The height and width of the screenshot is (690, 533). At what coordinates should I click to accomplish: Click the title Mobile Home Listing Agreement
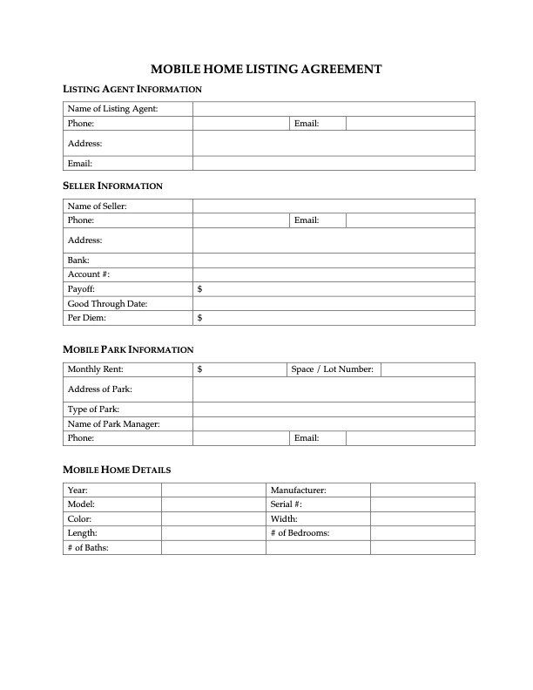266,69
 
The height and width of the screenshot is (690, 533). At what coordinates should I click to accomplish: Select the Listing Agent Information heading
132,89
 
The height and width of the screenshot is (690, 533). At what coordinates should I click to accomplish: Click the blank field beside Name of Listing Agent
334,109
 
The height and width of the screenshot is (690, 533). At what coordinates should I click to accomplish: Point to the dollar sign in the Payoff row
200,288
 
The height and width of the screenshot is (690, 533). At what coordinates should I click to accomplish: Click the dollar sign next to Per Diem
200,318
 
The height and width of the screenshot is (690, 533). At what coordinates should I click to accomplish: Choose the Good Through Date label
107,303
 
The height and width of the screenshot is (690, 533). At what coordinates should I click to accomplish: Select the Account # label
88,274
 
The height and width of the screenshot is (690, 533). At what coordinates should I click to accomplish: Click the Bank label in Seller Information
78,260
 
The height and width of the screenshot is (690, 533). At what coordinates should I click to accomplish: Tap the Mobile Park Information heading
128,349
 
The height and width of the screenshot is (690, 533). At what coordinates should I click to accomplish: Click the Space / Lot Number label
332,369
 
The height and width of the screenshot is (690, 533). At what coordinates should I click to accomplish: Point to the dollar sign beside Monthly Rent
200,369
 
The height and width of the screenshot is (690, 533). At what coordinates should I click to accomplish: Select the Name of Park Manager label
113,423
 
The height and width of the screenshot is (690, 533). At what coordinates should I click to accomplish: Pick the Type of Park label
93,409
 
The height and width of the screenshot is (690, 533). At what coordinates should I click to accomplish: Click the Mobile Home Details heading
117,470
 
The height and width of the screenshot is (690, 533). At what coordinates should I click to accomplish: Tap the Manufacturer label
298,490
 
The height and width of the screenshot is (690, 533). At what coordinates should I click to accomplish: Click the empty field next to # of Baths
213,547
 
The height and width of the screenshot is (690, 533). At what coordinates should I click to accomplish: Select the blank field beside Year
213,490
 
